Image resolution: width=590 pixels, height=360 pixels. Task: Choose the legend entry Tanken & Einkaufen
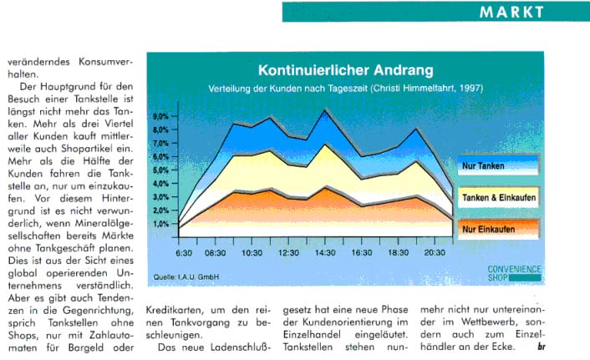click(498, 198)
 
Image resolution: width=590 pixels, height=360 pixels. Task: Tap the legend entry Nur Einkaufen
click(488, 229)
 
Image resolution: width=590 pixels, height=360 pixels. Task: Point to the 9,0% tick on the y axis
click(164, 117)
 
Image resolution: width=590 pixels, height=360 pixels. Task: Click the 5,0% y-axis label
click(164, 170)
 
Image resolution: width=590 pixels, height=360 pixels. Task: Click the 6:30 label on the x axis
click(185, 252)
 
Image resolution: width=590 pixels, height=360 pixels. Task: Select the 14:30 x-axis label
click(326, 252)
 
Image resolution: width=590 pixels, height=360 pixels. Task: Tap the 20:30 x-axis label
click(435, 252)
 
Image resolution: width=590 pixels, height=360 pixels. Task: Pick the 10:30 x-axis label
click(252, 252)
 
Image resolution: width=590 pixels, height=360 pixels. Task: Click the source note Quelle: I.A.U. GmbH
click(182, 275)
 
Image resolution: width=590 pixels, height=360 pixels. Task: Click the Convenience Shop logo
click(515, 273)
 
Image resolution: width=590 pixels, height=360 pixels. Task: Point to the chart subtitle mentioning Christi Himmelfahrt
click(345, 89)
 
